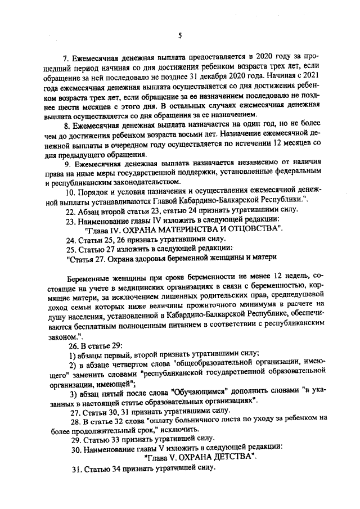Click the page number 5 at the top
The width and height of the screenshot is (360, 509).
coord(180,35)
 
